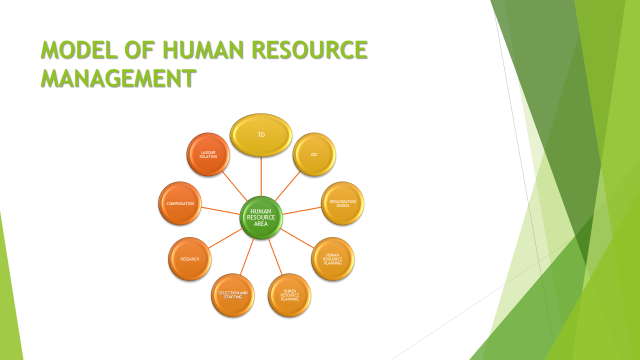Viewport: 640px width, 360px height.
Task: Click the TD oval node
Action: coord(261,135)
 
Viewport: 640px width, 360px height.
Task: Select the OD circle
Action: coord(314,154)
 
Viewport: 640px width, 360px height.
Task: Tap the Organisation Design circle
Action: coord(342,203)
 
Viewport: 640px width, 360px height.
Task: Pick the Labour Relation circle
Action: coord(208,154)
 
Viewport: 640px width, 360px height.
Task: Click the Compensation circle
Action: coord(182,203)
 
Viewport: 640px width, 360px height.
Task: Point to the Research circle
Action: coord(190,259)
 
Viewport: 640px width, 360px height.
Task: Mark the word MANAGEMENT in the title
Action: coord(117,77)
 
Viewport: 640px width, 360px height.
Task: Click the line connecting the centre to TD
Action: coord(262,178)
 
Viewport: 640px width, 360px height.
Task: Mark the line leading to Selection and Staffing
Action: coord(247,256)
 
